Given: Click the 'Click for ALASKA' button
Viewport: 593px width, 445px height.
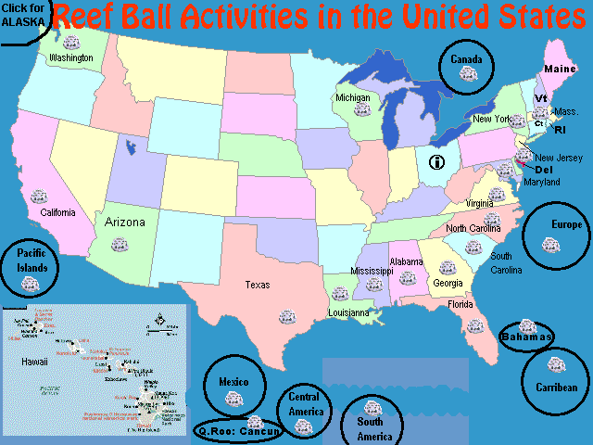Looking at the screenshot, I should [20, 16].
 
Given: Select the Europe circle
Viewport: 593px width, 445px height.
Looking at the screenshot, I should [555, 233].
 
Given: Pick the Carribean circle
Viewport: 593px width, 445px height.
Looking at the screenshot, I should [555, 380].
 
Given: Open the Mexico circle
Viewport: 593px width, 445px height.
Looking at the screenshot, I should [233, 388].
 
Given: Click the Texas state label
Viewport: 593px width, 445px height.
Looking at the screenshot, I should [258, 285].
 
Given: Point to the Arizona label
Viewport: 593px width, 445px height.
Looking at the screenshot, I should [125, 222].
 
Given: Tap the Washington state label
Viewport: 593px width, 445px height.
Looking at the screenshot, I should [71, 57].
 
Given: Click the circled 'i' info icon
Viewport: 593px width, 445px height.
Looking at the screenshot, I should [437, 162].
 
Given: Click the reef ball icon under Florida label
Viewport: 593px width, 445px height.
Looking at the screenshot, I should [475, 325].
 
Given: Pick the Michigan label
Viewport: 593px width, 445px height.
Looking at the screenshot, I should [353, 97].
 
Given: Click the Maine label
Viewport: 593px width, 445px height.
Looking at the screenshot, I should [559, 70].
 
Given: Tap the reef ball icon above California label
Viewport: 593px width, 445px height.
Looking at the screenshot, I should [38, 197].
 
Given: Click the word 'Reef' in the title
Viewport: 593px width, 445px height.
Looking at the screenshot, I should [90, 17].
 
